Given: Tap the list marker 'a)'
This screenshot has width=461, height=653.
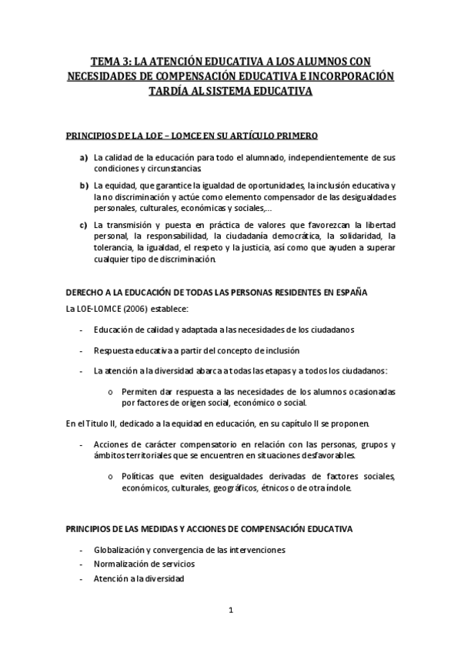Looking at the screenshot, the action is (84, 158).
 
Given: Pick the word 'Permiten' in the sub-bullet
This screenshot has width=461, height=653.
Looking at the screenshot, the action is (139, 391).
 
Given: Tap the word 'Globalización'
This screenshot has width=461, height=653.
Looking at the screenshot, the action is (122, 550).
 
